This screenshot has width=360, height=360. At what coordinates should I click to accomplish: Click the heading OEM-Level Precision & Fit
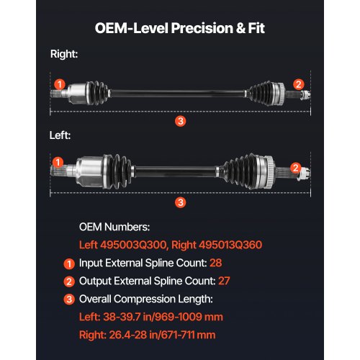point(180,30)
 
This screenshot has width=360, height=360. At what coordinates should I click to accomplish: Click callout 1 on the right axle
point(60,84)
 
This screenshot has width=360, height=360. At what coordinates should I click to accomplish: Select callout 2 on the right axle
point(298,84)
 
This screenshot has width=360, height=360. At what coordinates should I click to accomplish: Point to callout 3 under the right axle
point(180,122)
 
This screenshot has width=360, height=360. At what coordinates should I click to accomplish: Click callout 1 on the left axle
point(58,163)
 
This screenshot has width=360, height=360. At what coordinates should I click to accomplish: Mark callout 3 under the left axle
point(180,202)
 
